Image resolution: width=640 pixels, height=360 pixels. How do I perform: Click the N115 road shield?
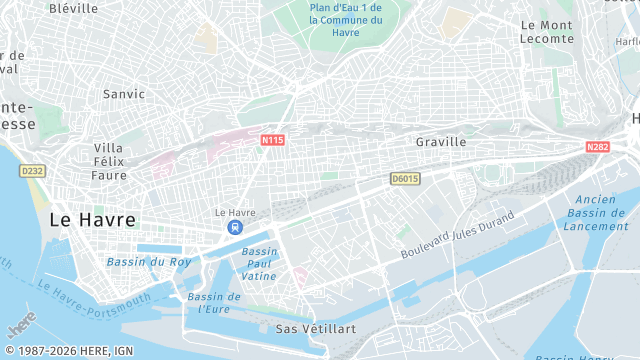(x=272, y=140)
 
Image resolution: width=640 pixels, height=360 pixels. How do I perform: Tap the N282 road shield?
(x=597, y=147)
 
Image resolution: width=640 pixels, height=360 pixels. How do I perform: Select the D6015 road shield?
(x=404, y=178)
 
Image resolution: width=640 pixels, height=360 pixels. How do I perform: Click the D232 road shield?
(x=33, y=171)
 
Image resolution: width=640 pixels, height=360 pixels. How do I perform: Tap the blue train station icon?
(x=235, y=227)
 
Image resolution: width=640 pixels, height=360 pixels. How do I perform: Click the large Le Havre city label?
(x=92, y=219)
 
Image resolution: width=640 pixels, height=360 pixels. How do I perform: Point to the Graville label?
(x=441, y=142)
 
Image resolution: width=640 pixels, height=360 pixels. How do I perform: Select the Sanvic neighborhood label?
(x=124, y=94)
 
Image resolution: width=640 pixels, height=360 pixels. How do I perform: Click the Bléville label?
(x=73, y=8)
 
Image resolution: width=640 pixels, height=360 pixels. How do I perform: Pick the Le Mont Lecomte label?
(x=547, y=32)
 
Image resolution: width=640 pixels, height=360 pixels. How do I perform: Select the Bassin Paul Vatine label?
(x=259, y=263)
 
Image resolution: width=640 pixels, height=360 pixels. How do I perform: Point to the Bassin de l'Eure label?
(x=213, y=302)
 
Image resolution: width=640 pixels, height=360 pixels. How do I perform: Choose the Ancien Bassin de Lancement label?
(x=596, y=212)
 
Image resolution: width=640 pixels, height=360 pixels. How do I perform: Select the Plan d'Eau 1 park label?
(x=346, y=19)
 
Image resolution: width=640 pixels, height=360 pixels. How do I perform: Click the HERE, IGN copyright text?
(x=68, y=351)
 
